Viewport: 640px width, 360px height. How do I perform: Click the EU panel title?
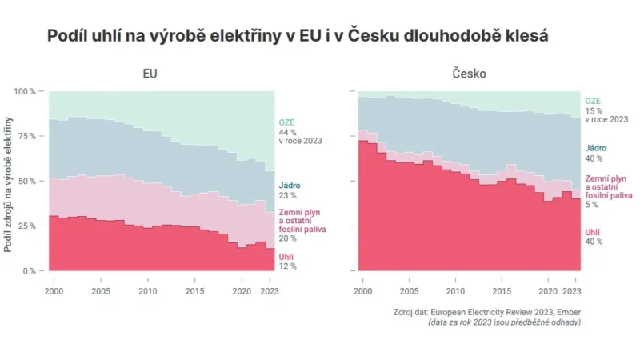(x=150, y=74)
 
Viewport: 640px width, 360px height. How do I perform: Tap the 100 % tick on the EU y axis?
(x=26, y=92)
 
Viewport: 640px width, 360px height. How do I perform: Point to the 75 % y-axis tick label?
(x=27, y=136)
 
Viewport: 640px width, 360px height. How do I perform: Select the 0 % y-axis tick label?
(x=30, y=271)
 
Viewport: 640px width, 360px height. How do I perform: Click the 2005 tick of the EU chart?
(x=100, y=282)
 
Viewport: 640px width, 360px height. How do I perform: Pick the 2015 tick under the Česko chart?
(x=502, y=282)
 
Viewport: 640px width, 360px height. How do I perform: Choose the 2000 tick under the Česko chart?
(x=363, y=282)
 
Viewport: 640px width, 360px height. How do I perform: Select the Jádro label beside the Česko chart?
(x=596, y=148)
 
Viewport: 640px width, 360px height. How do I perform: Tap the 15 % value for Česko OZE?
(x=594, y=110)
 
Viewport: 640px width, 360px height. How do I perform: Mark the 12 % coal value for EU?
(x=288, y=266)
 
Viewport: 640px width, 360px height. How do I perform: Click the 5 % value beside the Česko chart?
(x=592, y=205)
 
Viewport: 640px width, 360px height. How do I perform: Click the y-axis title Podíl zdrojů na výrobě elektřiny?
(x=9, y=184)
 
